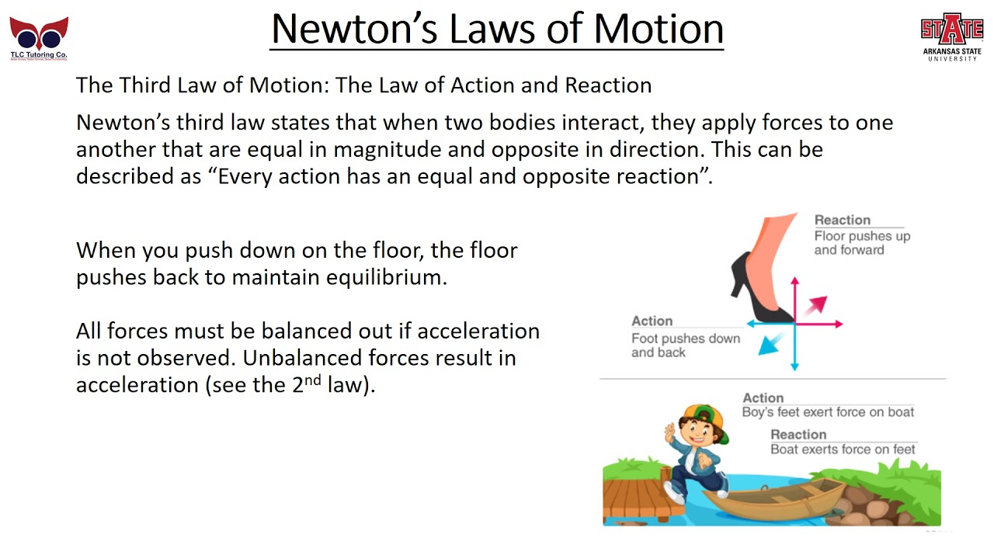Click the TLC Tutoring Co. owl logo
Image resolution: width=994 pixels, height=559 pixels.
39,36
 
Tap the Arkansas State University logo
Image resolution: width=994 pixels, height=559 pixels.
951,36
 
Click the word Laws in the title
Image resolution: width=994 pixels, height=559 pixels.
518,29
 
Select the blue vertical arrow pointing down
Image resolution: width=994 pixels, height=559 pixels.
794,349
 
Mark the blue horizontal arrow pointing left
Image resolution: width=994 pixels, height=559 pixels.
765,324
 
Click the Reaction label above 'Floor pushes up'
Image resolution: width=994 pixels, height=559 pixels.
842,220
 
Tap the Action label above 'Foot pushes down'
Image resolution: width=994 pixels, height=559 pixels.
652,321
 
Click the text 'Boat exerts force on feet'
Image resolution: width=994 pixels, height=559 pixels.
843,450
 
